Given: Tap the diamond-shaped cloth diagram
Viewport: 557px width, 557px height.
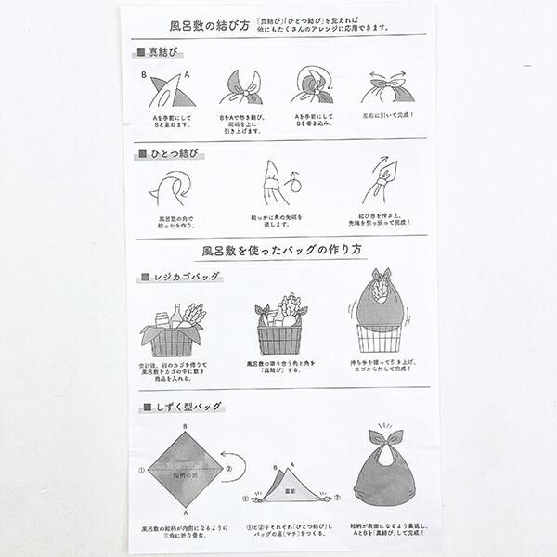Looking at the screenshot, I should click(x=188, y=469).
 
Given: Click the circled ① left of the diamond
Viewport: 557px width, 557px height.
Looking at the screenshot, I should click(x=142, y=469).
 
